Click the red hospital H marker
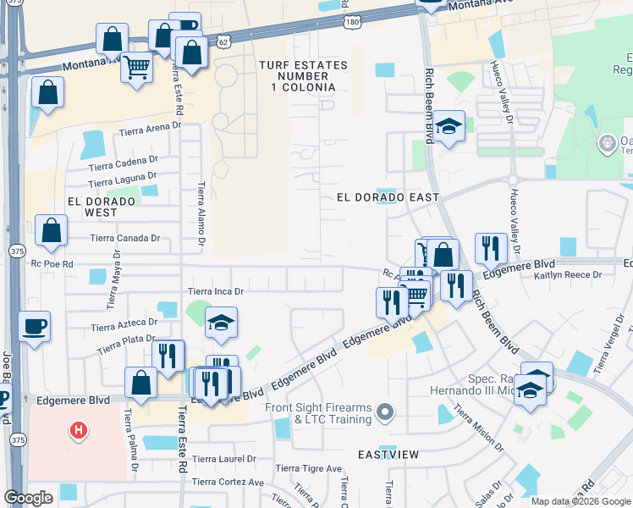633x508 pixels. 78,431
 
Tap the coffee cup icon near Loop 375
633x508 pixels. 34,327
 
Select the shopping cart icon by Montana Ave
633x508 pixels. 136,66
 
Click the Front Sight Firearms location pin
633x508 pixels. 386,412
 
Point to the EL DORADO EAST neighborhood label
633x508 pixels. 388,197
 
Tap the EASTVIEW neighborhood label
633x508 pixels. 387,455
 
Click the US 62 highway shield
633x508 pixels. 222,40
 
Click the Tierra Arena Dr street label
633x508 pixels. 151,129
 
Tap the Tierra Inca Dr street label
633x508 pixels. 215,291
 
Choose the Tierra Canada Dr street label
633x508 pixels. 126,239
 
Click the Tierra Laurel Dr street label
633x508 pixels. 223,460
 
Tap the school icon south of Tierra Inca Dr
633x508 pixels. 221,323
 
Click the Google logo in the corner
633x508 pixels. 28,498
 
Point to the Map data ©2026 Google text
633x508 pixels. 581,501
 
